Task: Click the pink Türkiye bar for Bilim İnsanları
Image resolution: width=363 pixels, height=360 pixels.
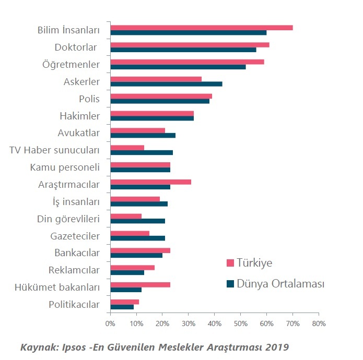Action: [201, 28]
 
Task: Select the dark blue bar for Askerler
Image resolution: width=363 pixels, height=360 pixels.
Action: [166, 84]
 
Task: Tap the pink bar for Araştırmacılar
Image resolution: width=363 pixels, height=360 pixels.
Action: [150, 181]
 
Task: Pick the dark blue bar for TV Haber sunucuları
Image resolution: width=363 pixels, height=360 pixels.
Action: [142, 152]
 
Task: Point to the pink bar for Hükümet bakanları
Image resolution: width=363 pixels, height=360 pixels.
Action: [140, 284]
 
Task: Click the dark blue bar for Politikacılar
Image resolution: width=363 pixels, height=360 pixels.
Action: [122, 307]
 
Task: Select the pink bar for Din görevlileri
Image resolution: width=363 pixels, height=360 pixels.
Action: [126, 215]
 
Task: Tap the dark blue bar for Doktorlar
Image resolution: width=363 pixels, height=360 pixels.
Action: [183, 50]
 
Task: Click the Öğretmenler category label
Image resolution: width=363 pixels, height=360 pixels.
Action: [71, 64]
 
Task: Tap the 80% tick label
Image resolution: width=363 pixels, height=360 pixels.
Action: [319, 323]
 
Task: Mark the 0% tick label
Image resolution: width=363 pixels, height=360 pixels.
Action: [110, 323]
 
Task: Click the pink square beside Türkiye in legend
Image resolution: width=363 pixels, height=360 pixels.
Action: [230, 262]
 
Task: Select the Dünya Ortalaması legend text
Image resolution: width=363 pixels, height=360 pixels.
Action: [280, 284]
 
